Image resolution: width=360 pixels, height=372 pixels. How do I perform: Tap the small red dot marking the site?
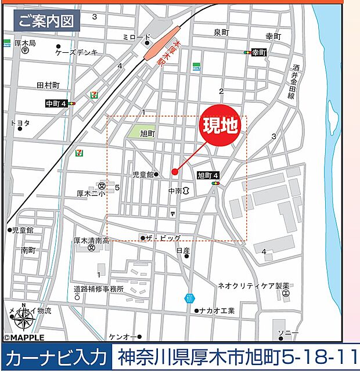point(175,171)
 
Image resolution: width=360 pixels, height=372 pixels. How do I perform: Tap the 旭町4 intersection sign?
point(208,175)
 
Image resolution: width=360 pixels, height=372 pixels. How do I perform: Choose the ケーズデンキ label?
point(77,52)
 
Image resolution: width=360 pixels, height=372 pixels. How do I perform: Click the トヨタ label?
point(20,123)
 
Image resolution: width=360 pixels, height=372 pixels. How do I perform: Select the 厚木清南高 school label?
point(91,240)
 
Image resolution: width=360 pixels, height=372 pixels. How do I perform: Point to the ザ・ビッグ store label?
point(163,238)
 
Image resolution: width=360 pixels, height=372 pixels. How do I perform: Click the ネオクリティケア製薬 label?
point(253,286)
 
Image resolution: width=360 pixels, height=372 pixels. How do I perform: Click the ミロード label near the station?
point(137,37)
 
